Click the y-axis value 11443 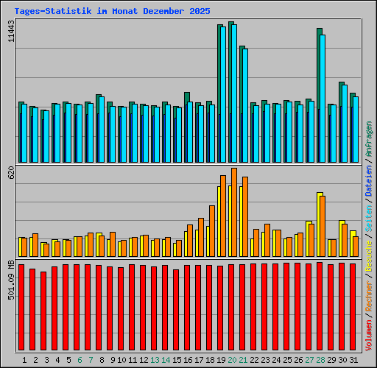pyautogui.click(x=10, y=32)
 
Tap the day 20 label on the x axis pyautogui.click(x=232, y=360)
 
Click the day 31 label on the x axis pyautogui.click(x=353, y=360)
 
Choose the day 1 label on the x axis pyautogui.click(x=24, y=360)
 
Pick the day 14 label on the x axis pyautogui.click(x=166, y=360)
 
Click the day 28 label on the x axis pyautogui.click(x=320, y=360)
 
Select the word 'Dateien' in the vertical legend pyautogui.click(x=369, y=180)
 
